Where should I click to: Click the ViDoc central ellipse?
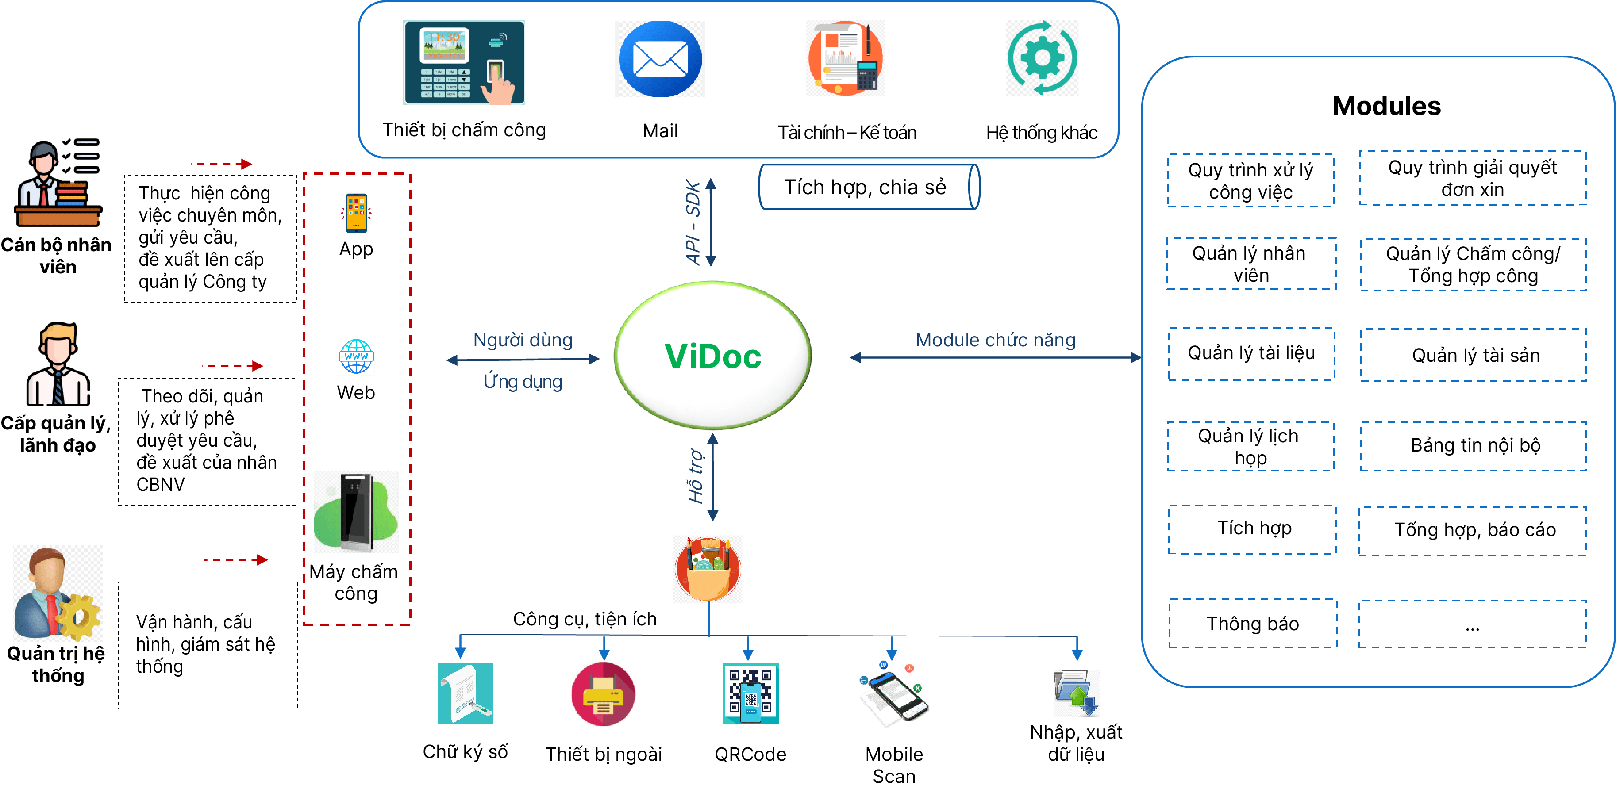click(713, 355)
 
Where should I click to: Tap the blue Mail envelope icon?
click(660, 59)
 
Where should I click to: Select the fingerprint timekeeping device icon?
click(464, 62)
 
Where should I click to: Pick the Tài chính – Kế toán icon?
click(845, 58)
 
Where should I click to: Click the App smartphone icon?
click(356, 213)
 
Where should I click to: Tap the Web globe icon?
click(356, 356)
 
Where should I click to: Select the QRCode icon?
click(750, 693)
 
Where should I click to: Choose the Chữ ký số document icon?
click(466, 693)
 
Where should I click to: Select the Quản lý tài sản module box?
click(1475, 355)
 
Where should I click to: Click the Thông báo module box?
click(1252, 624)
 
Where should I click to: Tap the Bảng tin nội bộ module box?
click(1475, 445)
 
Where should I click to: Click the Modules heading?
click(1386, 106)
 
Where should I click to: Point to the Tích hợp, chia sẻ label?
click(865, 187)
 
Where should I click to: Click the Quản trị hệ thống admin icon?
click(58, 593)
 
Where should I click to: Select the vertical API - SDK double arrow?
click(711, 222)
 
